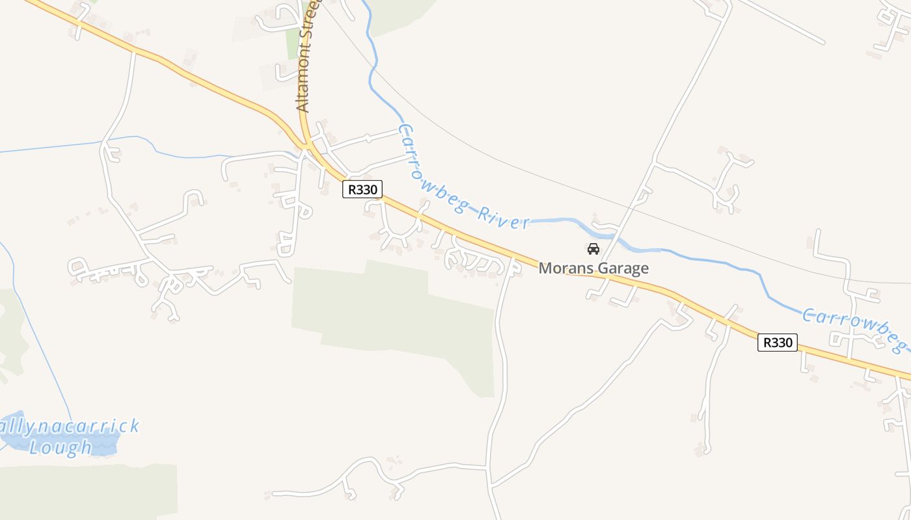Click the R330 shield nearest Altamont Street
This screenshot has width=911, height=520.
tap(362, 189)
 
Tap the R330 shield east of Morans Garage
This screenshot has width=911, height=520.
tap(777, 343)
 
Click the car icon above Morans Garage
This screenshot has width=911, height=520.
tap(593, 249)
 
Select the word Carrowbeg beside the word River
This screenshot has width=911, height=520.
tap(429, 172)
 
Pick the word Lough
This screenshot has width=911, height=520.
tap(61, 447)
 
